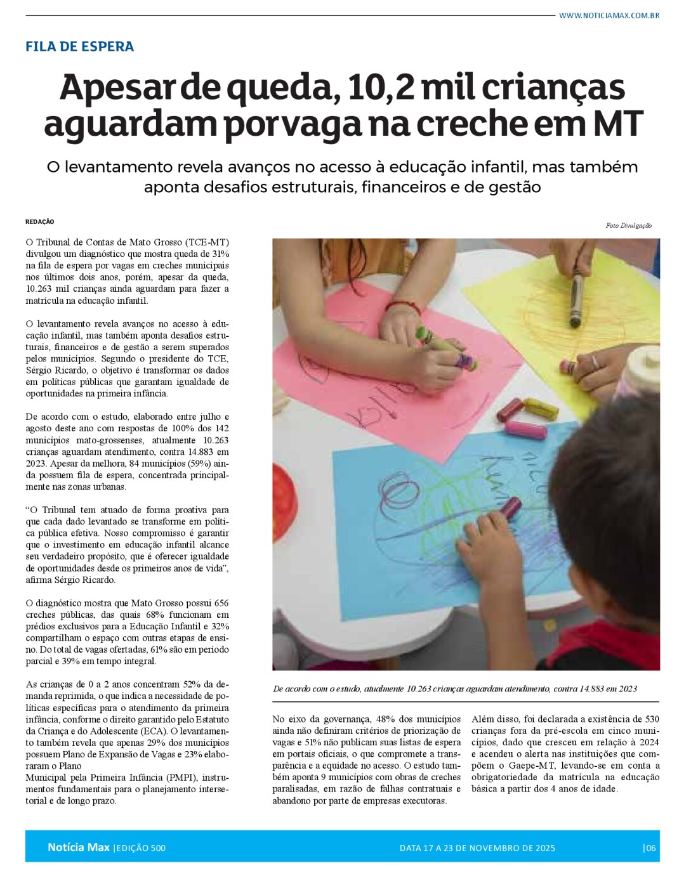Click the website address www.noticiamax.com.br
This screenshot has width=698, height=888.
tap(609, 15)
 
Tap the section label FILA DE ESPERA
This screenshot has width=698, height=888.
tap(79, 46)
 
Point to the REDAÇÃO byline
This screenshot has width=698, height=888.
tap(40, 222)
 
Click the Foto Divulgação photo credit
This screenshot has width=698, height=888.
tap(628, 226)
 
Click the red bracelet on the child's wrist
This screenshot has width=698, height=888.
tap(402, 308)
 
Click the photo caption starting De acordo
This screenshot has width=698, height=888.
tap(454, 689)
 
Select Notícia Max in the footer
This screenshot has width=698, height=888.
tap(78, 847)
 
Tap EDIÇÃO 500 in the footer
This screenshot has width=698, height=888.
tap(141, 848)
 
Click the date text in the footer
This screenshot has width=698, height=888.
tap(477, 848)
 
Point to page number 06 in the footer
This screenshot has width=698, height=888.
tap(650, 848)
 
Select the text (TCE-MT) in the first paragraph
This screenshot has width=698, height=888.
tap(206, 242)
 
